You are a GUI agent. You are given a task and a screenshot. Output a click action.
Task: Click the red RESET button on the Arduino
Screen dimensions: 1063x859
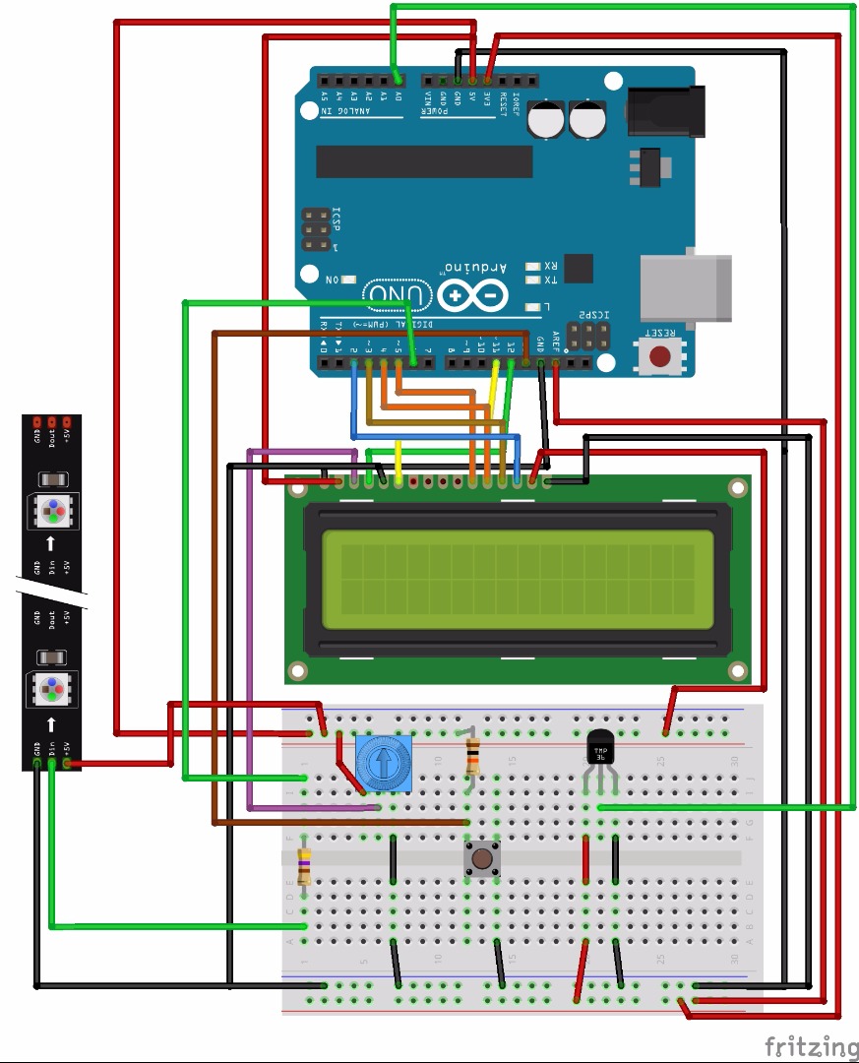660,355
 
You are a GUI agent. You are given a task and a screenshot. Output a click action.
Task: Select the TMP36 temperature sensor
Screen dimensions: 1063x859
599,751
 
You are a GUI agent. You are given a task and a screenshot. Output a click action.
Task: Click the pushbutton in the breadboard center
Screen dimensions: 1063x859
481,858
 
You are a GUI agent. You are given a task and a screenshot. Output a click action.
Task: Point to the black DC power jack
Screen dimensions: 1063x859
666,111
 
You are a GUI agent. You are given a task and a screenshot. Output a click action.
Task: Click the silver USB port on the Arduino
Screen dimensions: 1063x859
685,287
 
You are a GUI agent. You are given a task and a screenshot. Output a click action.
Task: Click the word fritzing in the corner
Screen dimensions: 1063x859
811,1045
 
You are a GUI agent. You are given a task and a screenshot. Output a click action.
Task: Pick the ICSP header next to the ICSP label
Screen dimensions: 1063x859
317,229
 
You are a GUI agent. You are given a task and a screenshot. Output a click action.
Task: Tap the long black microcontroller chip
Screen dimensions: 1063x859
423,161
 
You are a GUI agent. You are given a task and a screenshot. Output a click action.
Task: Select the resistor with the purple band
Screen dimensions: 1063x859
305,866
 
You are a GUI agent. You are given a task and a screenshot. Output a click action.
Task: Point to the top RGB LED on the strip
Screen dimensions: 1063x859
50,512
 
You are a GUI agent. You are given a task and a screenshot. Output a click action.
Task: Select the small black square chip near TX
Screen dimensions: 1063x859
580,268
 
